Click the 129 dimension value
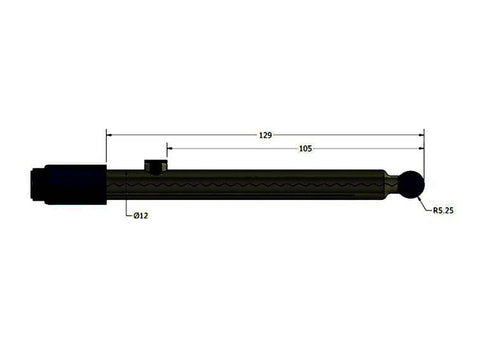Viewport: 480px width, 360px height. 265,133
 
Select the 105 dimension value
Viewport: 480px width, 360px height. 305,148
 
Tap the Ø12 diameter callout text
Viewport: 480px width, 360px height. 141,215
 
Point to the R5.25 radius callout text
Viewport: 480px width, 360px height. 444,212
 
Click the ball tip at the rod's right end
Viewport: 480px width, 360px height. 412,183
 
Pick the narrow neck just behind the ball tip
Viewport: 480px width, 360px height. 397,183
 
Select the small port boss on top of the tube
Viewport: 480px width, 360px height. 154,164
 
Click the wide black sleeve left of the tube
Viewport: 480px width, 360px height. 72,184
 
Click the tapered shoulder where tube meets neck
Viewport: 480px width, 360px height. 388,183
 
